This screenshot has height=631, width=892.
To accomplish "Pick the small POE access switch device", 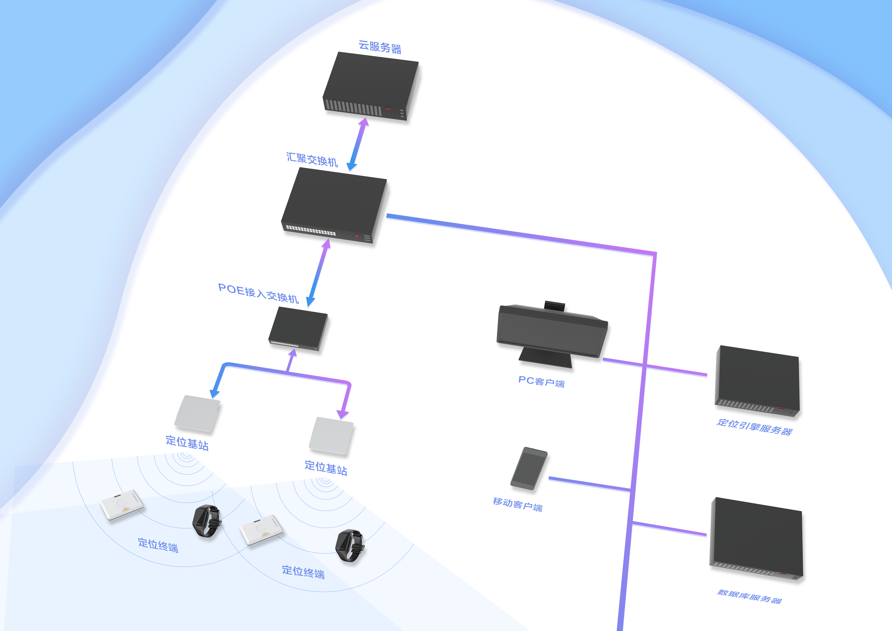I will [298, 328].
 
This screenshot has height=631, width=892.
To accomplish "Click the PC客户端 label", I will [541, 382].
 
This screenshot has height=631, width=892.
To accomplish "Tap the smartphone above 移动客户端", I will [529, 468].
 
